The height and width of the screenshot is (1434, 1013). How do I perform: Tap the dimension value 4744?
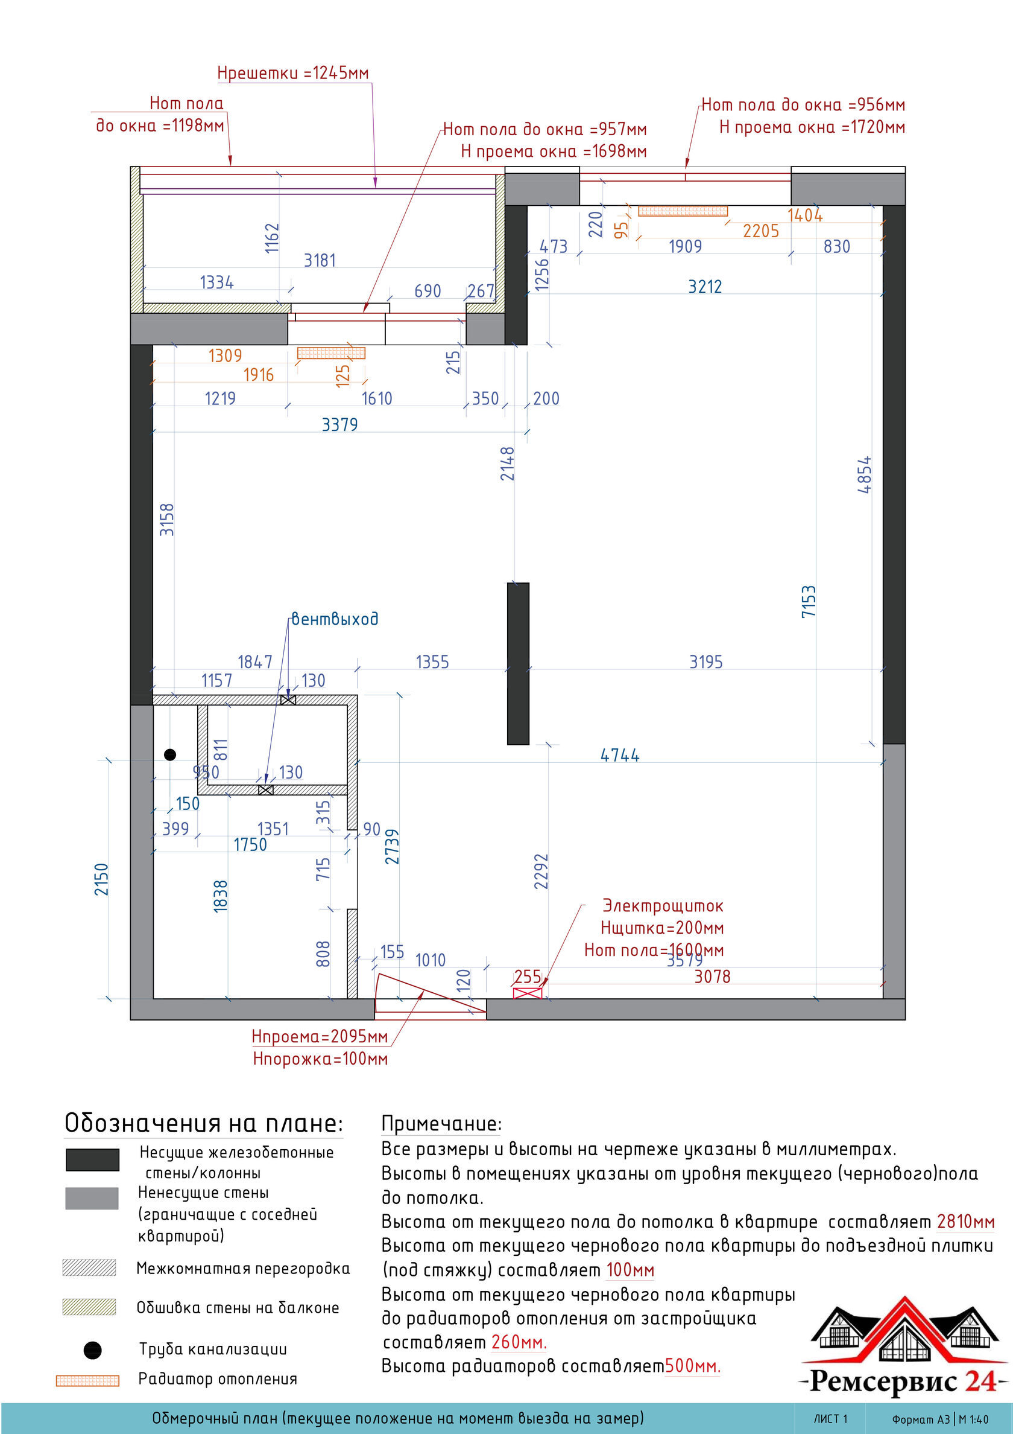point(620,756)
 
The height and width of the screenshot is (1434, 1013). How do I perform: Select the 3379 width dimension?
point(339,425)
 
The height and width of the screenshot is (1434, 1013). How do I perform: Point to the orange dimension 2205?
point(761,231)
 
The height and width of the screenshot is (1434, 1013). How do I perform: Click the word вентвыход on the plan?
point(335,619)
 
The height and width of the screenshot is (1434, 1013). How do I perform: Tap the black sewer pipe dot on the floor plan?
point(170,754)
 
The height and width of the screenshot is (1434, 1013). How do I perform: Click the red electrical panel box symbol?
point(528,993)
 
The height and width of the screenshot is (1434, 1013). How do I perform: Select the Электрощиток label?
point(662,906)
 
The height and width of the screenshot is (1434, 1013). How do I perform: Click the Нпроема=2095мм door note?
point(320,1037)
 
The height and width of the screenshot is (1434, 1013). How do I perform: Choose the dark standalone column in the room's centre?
point(517,663)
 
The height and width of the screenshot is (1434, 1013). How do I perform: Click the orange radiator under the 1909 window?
point(683,211)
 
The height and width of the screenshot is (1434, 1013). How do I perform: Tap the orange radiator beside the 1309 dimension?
point(331,353)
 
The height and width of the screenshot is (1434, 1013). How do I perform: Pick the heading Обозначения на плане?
point(203,1123)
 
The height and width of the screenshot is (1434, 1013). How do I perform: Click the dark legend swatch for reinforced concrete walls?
point(92,1159)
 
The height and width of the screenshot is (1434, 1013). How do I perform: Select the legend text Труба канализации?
point(213,1349)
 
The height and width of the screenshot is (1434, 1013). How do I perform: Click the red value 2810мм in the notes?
point(965,1222)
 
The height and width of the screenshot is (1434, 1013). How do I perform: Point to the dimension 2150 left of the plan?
point(102,879)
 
